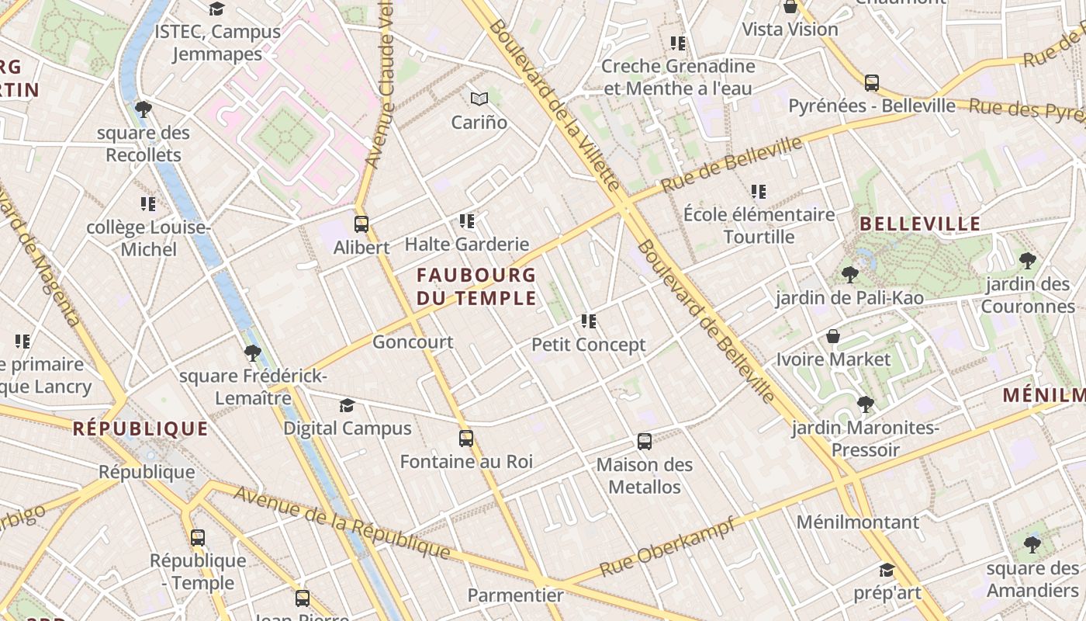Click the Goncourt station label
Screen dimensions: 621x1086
click(x=413, y=342)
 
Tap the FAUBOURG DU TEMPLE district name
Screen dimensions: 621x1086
click(x=476, y=286)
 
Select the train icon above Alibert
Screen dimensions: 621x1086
click(x=361, y=224)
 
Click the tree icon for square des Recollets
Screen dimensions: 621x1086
click(x=143, y=109)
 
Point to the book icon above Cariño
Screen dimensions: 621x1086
click(x=479, y=99)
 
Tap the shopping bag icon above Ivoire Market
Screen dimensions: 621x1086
click(x=833, y=337)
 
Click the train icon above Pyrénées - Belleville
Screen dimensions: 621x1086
click(x=872, y=83)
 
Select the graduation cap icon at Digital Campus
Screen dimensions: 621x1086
click(x=347, y=406)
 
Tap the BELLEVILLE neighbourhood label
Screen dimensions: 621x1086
click(x=921, y=224)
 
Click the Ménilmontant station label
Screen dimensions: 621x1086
click(x=857, y=522)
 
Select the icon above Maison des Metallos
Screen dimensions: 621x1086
click(x=645, y=442)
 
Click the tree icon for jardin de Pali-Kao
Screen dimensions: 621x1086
click(x=849, y=274)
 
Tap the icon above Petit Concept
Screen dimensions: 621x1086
click(x=589, y=321)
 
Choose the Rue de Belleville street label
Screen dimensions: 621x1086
click(x=731, y=165)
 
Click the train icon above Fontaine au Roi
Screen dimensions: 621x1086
click(x=466, y=439)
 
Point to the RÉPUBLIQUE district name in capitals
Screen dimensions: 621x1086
click(x=140, y=428)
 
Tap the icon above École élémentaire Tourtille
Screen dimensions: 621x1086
click(x=759, y=191)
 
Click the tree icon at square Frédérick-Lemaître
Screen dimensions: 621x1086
click(x=252, y=353)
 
